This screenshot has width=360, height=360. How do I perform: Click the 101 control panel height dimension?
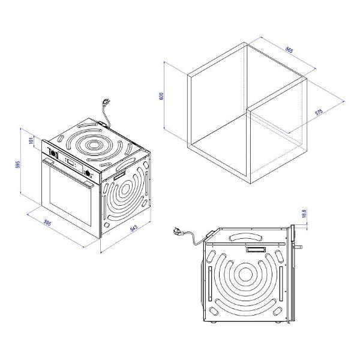[31, 140]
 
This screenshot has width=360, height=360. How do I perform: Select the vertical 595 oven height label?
[17, 164]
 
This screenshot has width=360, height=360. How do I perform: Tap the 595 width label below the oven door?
[47, 223]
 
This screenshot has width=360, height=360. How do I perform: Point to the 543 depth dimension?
[134, 228]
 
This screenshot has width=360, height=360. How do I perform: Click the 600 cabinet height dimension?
[161, 96]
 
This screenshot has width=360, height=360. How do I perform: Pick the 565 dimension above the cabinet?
[289, 50]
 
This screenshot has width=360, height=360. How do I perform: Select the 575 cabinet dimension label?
[319, 112]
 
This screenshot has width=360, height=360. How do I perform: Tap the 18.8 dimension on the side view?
[304, 214]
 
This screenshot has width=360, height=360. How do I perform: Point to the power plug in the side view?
[178, 230]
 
